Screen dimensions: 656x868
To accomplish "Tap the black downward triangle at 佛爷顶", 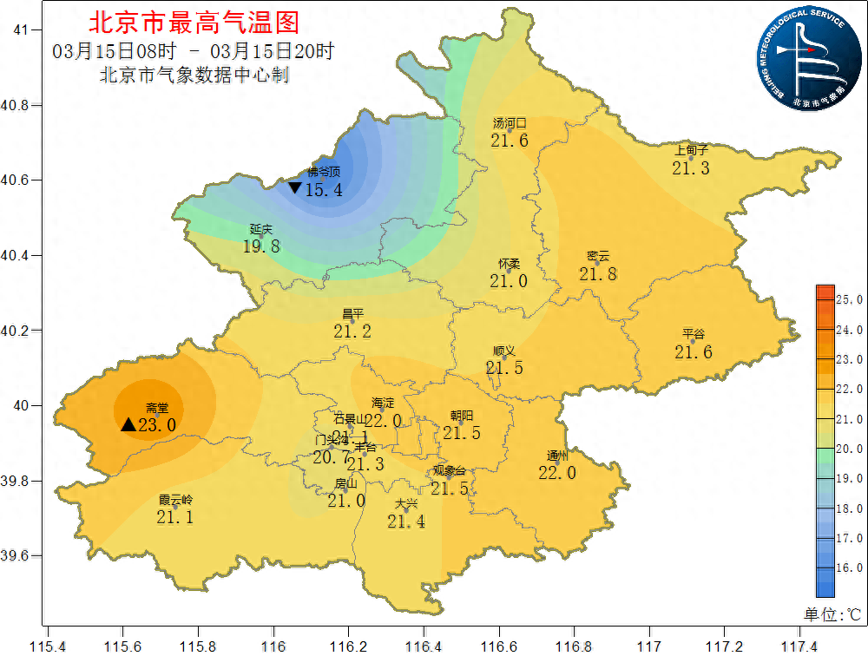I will (295, 187).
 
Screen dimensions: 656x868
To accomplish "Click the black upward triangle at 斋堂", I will (128, 424).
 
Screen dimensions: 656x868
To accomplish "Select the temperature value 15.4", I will (324, 190).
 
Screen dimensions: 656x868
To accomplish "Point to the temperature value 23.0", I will (157, 425).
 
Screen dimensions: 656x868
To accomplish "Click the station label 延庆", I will (261, 230).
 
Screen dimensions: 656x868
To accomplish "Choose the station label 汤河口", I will (510, 123).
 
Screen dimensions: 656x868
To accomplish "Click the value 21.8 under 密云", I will (598, 274).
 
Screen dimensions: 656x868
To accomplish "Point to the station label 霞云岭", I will (175, 501).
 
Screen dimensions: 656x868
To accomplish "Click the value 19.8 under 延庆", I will (261, 246).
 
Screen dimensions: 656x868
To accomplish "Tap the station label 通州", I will (557, 456).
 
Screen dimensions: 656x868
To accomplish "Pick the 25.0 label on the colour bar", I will (848, 299).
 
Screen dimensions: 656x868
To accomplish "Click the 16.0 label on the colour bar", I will (848, 567).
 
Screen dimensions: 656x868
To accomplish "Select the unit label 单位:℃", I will (831, 614).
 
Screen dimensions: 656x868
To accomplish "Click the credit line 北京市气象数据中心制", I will (194, 75).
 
